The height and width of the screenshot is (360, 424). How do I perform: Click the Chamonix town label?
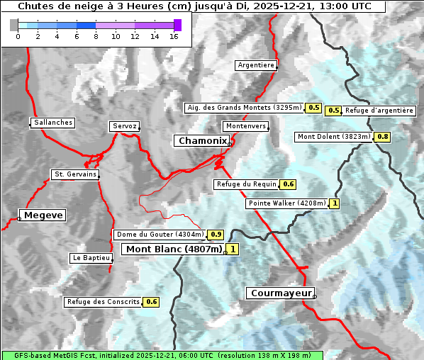pos(202,141)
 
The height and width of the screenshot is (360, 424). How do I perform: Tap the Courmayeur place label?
pos(279,293)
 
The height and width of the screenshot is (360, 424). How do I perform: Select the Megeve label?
pos(43,215)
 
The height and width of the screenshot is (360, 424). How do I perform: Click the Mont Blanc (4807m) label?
pos(174,249)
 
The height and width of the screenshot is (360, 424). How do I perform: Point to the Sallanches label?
pos(53,123)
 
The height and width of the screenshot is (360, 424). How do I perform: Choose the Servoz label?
pos(125,126)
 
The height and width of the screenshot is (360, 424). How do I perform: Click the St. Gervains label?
pos(75,174)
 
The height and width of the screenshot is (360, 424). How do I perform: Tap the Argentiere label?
pos(256,65)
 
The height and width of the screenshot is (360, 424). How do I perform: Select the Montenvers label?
pos(246,126)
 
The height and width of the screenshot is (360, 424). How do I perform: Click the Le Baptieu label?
pos(91,258)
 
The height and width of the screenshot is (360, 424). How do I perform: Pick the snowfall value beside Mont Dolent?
pos(383,137)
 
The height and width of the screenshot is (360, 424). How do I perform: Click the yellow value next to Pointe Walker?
pos(335,204)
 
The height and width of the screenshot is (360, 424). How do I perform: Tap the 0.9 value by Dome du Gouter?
pos(216,235)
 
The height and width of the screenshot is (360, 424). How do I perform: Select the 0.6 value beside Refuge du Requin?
pos(289,184)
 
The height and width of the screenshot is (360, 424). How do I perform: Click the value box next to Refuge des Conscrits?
pos(151,302)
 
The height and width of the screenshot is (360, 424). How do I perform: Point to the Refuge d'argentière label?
pos(379,111)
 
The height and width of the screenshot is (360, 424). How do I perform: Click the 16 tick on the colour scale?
pos(173,36)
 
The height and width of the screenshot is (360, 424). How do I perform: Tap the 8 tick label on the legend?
pos(96,36)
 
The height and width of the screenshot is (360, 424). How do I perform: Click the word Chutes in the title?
pos(35,6)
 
